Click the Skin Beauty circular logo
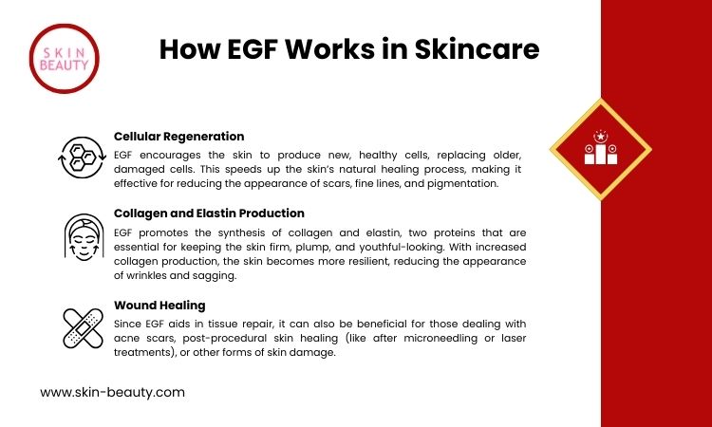click(x=64, y=59)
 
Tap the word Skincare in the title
click(x=477, y=49)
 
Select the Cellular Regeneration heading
click(x=178, y=136)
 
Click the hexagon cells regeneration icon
click(x=83, y=158)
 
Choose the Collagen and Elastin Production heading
click(x=209, y=213)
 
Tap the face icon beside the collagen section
click(x=84, y=237)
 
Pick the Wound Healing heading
click(x=159, y=306)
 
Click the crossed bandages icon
click(x=84, y=328)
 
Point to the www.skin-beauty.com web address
click(x=113, y=393)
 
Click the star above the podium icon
click(x=601, y=136)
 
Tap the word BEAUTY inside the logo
click(x=64, y=65)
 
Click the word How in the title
click(x=189, y=49)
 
